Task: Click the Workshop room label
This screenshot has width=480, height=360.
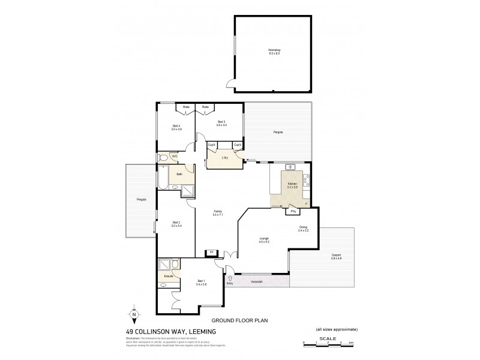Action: click(274, 52)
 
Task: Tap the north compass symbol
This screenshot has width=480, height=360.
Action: click(134, 314)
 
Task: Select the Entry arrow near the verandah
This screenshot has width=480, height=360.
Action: click(229, 278)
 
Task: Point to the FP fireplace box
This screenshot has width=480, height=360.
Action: click(211, 252)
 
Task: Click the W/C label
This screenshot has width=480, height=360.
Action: click(175, 157)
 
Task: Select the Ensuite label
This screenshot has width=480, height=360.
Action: click(169, 275)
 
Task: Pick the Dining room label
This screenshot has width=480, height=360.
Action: click(302, 228)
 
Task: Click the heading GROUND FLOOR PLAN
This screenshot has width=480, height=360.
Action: click(240, 321)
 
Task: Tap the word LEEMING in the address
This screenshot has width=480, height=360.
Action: click(201, 331)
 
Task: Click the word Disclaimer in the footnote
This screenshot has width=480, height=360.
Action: click(134, 338)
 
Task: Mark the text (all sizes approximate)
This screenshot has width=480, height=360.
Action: click(337, 330)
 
